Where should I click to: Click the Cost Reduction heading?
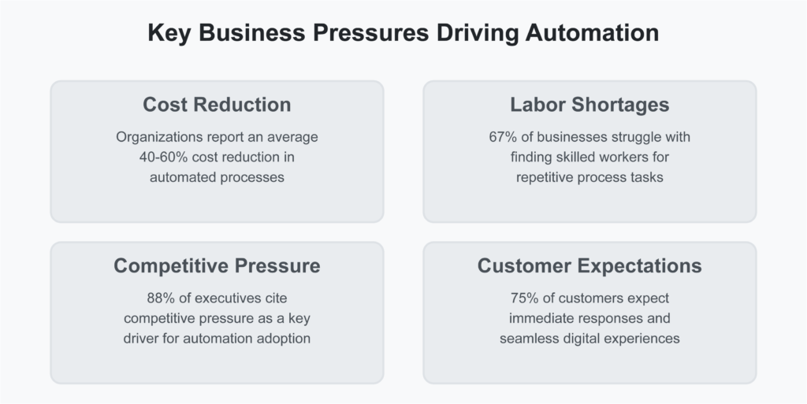click(217, 105)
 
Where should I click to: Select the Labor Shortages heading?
click(589, 105)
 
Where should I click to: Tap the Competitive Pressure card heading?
click(217, 265)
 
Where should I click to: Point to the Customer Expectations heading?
click(589, 265)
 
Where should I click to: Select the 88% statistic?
click(162, 298)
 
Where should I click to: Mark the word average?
click(292, 137)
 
